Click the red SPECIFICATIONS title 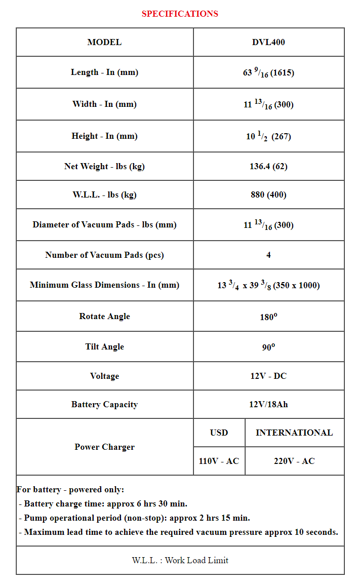180,14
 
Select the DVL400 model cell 268,42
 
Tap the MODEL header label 104,42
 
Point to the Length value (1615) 268,72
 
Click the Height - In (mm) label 104,136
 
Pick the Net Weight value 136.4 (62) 268,166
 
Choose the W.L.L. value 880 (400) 268,194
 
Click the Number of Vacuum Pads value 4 268,255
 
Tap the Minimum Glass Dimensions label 104,285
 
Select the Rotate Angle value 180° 268,317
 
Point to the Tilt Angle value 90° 268,347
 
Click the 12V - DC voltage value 268,376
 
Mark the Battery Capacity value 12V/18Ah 268,404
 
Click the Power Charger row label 104,447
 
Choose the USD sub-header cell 219,433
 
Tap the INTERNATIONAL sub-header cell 294,433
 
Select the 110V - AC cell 219,461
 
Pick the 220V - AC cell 294,461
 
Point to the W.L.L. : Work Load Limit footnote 180,560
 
